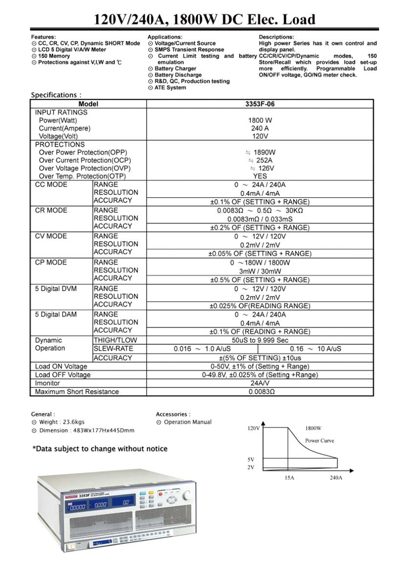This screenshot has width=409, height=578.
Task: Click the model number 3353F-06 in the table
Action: pyautogui.click(x=259, y=104)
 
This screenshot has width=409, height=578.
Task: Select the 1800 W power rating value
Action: pyautogui.click(x=259, y=120)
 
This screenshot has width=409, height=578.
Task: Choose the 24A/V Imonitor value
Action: pyautogui.click(x=260, y=383)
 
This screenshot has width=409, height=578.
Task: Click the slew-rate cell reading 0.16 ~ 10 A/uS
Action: pyautogui.click(x=315, y=349)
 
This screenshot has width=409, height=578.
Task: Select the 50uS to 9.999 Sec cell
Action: pyautogui.click(x=259, y=340)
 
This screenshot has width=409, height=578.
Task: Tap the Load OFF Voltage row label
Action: pyautogui.click(x=63, y=375)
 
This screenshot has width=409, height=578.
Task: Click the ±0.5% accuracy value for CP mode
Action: pyautogui.click(x=259, y=280)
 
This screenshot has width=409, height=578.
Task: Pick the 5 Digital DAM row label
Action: pyautogui.click(x=56, y=314)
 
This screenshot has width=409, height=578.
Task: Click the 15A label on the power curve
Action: pyautogui.click(x=289, y=477)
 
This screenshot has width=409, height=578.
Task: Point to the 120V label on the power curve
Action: pyautogui.click(x=253, y=428)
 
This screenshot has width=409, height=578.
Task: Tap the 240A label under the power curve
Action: pyautogui.click(x=336, y=477)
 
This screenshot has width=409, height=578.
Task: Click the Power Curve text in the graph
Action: pyautogui.click(x=320, y=440)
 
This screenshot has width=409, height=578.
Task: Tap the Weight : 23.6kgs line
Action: pyautogui.click(x=61, y=422)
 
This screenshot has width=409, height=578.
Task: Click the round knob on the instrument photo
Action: pyautogui.click(x=186, y=496)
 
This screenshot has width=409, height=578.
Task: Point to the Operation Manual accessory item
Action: pyautogui.click(x=187, y=422)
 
